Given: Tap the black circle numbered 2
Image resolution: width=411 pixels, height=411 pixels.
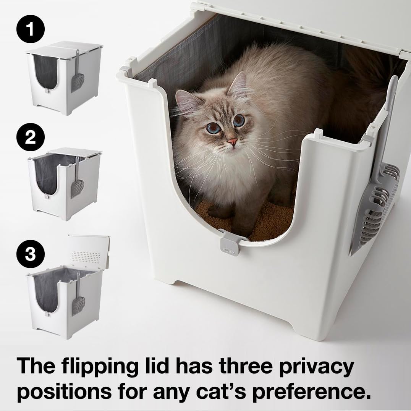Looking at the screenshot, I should pyautogui.click(x=30, y=138).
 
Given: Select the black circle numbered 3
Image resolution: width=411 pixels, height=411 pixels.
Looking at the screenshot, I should pyautogui.click(x=30, y=254).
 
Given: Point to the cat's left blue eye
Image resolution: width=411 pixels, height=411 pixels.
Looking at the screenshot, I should pyautogui.click(x=211, y=129).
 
